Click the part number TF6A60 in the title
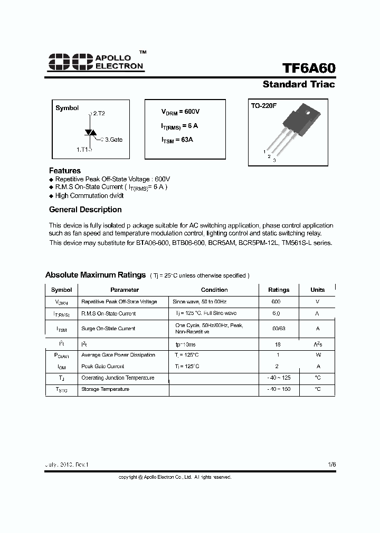pyautogui.click(x=308, y=69)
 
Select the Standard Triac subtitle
pyautogui.click(x=299, y=84)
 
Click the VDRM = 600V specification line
pyautogui.click(x=180, y=112)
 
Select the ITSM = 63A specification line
pyautogui.click(x=177, y=140)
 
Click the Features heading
pyautogui.click(x=65, y=171)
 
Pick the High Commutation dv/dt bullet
pyautogui.click(x=89, y=195)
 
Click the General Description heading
pyautogui.click(x=85, y=210)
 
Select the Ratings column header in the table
pyautogui.click(x=279, y=290)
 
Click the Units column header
pyautogui.click(x=318, y=290)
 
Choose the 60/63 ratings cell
pyautogui.click(x=279, y=328)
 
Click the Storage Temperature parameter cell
pyautogui.click(x=105, y=389)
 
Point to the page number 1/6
pyautogui.click(x=331, y=465)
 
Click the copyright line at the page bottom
pyautogui.click(x=175, y=477)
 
